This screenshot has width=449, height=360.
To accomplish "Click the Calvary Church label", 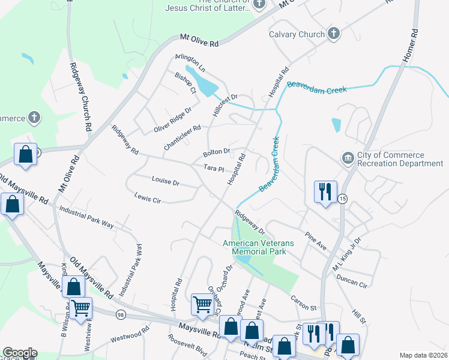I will [297, 34].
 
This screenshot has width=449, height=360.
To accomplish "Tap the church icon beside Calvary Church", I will [334, 34].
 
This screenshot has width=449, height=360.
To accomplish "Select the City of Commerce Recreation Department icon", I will [348, 158].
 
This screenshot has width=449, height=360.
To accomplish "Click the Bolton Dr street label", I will [217, 152].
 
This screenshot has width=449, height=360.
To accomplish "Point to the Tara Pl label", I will [214, 169].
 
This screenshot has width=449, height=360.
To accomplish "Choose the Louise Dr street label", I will [166, 181].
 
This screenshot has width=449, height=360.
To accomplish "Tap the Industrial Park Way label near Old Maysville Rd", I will [86, 217].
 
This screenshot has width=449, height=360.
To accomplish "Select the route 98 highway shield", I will [121, 315].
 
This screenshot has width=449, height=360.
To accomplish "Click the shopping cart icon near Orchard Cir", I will [202, 304].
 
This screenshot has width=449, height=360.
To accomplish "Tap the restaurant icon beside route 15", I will [325, 192].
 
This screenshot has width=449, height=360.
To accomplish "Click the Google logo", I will [20, 353].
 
